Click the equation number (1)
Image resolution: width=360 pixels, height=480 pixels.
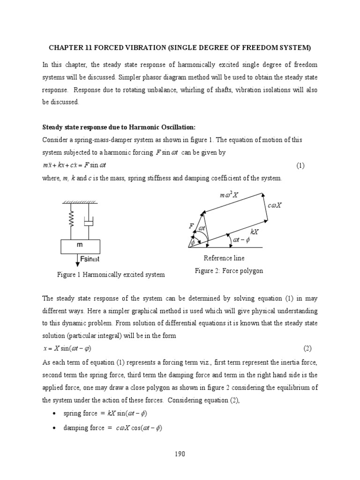[x=300, y=166]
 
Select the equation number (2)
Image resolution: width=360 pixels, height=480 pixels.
[x=307, y=349]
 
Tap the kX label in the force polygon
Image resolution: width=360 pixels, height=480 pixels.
[x=255, y=232]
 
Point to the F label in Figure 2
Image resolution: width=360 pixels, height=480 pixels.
[x=191, y=226]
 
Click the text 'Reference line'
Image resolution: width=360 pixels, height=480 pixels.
[x=224, y=258]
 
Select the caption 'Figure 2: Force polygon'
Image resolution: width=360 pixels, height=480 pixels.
[x=229, y=271]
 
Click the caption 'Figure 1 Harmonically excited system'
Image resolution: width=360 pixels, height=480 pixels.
[x=111, y=275]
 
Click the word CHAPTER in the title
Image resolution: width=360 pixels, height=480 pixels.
[x=65, y=48]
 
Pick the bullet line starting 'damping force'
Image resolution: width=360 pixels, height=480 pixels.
[x=112, y=428]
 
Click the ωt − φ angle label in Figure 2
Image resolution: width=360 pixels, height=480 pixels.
[x=242, y=240]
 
